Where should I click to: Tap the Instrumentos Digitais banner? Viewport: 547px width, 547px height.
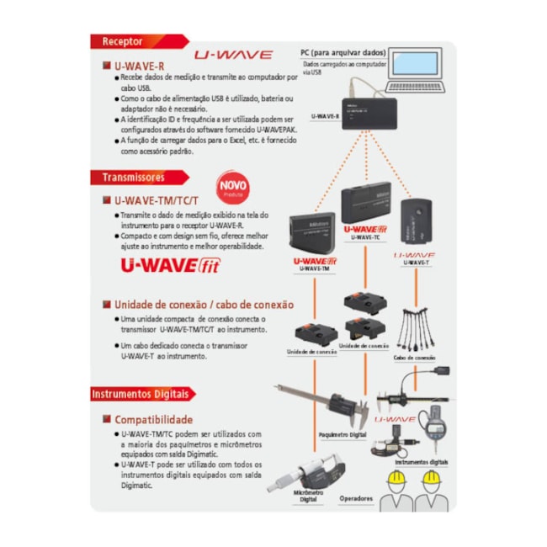141,394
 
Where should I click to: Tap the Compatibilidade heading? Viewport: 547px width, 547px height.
153,419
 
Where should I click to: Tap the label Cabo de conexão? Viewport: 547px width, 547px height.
414,358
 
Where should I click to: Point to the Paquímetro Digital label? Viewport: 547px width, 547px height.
343,435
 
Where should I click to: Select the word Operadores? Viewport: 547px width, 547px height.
356,498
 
